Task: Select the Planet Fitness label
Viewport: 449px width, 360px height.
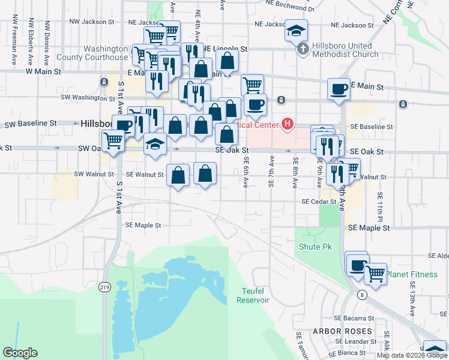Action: coord(412,275)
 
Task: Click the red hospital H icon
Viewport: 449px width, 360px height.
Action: coord(288,124)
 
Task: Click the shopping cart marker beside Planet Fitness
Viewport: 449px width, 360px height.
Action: coord(375,274)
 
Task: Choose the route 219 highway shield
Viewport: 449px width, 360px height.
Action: coord(105,288)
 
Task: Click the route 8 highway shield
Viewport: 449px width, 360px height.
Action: coord(361,295)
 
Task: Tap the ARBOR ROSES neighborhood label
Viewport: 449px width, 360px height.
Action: coord(342,331)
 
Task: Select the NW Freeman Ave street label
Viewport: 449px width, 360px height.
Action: coord(13,41)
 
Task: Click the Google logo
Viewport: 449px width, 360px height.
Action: coord(20,353)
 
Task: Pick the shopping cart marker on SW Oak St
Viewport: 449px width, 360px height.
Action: coord(113,141)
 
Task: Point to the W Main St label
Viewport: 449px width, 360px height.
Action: coord(43,71)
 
